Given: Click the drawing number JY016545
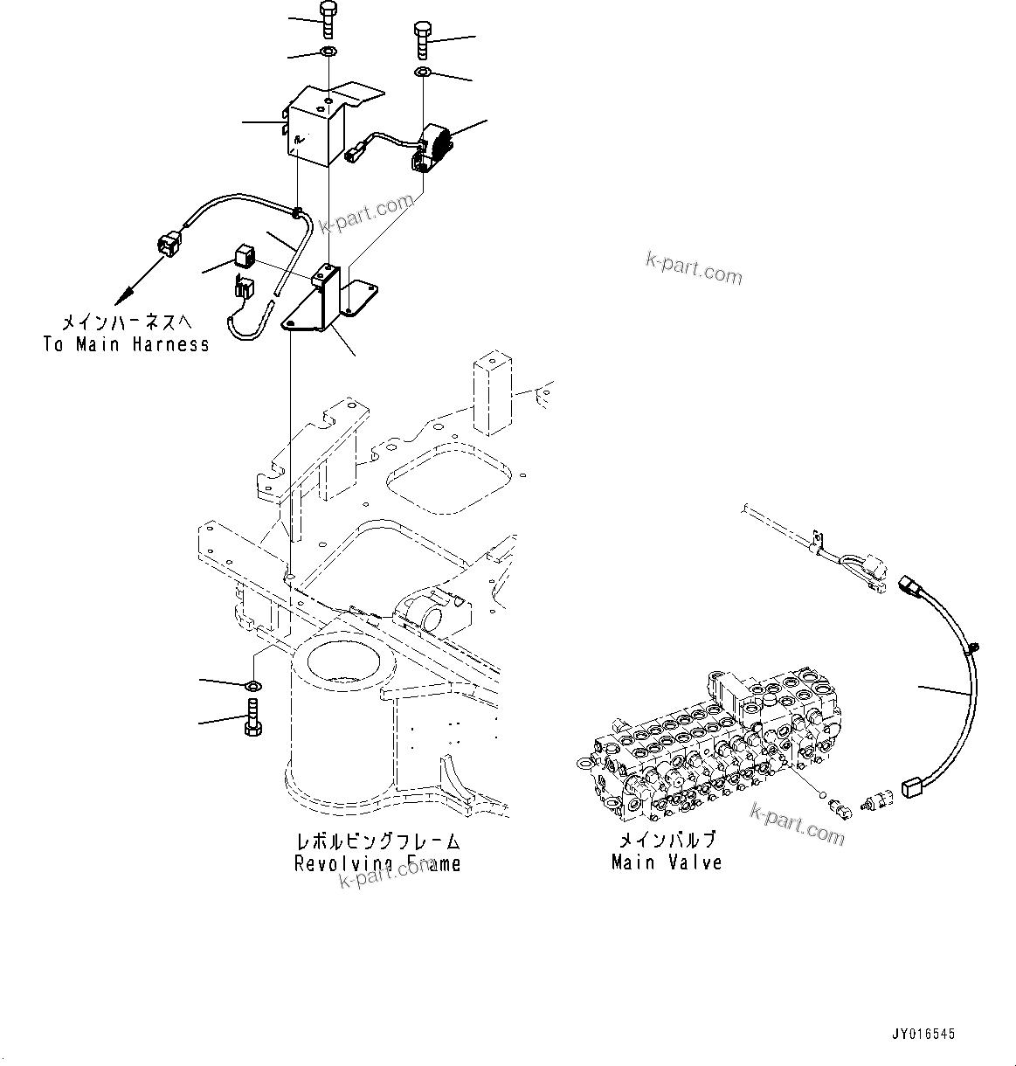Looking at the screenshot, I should pos(923,1034).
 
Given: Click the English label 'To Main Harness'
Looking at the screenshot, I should pos(127,344).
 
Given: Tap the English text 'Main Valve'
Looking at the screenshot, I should pos(667,862).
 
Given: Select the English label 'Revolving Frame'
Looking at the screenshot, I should pos(377,864).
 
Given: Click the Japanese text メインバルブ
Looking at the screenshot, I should pos(667,841).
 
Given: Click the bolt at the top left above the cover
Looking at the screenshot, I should pos(328,19).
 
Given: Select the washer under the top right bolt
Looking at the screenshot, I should pos(423,71).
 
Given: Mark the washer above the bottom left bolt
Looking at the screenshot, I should pos(252,683).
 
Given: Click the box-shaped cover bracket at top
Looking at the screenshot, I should pos(319,125).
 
